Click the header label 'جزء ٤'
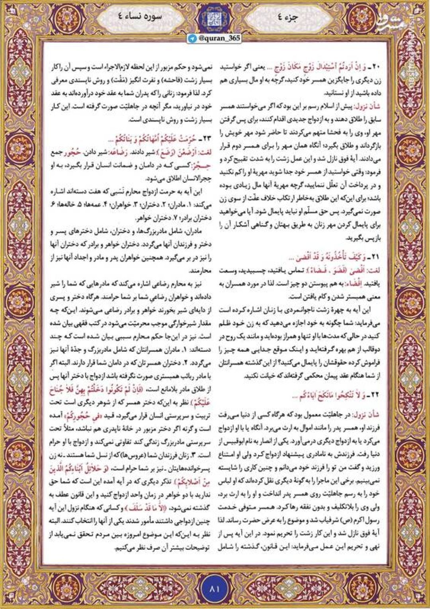[x=295, y=18]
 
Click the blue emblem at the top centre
[x=215, y=18]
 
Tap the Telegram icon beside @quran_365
[x=193, y=38]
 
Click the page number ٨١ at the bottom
[x=215, y=588]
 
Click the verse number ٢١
[x=375, y=257]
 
